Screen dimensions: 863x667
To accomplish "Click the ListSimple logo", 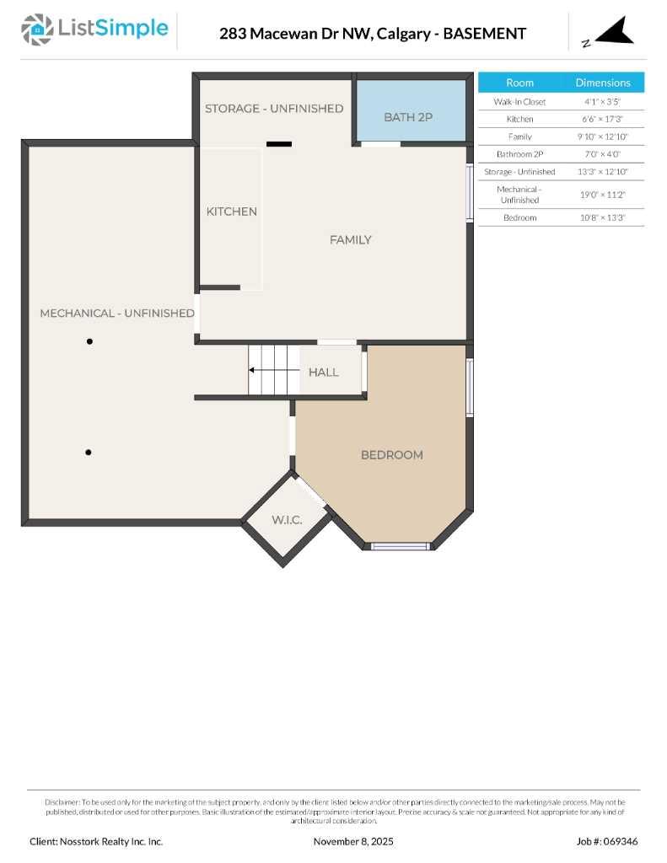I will click(94, 29).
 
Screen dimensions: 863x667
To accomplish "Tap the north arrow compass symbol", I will click(609, 32).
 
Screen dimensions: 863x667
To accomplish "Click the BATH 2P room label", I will click(408, 117).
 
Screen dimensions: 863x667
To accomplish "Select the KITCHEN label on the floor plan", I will click(232, 212).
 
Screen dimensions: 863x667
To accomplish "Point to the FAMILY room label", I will click(350, 240).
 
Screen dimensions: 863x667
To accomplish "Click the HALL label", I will click(324, 373).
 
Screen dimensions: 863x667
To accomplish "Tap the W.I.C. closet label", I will click(287, 520).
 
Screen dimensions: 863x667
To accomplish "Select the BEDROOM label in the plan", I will click(392, 455).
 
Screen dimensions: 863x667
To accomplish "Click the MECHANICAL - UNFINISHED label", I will click(117, 314).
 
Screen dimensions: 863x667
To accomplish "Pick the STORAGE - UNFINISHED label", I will click(274, 109).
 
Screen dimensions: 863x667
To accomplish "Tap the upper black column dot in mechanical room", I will click(89, 341).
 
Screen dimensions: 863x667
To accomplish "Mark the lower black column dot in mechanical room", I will click(89, 453).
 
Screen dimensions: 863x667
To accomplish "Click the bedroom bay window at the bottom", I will click(401, 546).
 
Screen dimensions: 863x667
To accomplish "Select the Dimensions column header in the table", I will click(603, 83).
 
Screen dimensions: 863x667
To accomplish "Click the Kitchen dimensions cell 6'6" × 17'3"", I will click(603, 119).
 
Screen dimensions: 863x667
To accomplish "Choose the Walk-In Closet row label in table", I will click(519, 102).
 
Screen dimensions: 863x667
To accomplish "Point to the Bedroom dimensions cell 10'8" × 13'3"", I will click(603, 218).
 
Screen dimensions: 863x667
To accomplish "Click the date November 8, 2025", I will click(353, 841).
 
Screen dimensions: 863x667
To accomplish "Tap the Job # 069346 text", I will click(607, 841).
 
